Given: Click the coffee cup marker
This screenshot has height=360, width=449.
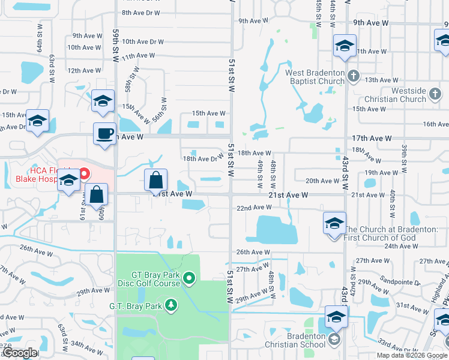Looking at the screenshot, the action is pos(105,133).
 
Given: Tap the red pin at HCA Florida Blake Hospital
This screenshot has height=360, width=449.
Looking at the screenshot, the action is pos(85,175).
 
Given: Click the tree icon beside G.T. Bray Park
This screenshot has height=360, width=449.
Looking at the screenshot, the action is pos(172,306).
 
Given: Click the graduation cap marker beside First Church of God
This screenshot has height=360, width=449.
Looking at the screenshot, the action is pos(334,224).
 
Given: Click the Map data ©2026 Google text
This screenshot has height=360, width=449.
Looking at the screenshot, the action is pos(411,355).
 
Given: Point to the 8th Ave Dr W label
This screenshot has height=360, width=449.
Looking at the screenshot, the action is pos(141,13).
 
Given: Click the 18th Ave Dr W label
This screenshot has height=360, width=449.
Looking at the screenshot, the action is pos(203,159).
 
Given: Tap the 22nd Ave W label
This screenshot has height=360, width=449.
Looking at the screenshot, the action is pos(254,208).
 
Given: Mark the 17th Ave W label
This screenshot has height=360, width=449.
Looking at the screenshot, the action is pos(372,138).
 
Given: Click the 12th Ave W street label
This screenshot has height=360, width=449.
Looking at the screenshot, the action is pos(84,70).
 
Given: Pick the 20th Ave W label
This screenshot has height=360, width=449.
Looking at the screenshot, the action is pos(322,181).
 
